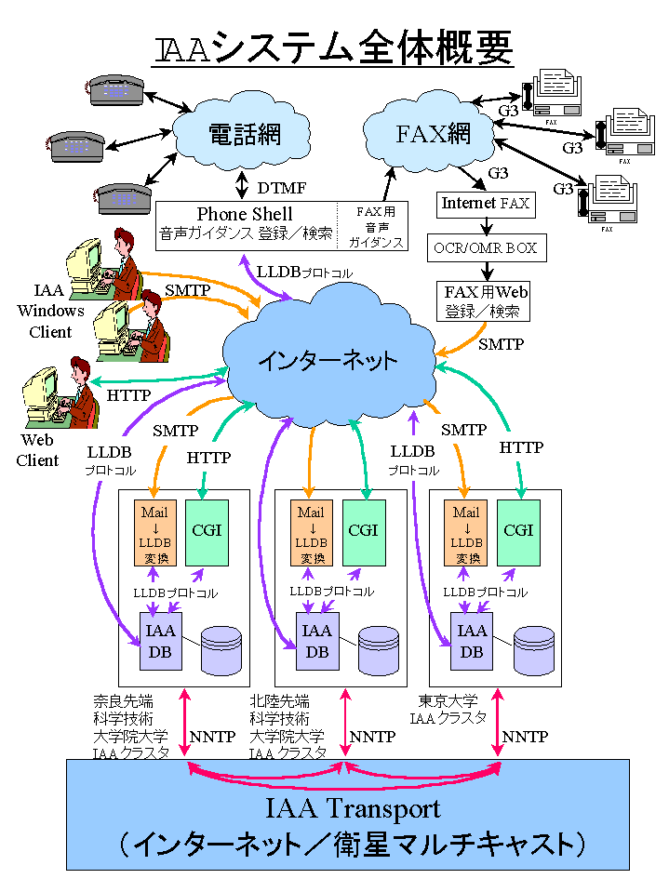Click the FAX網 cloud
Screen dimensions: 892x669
pos(433,132)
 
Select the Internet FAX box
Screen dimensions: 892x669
pos(484,203)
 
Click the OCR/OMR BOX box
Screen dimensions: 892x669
pos(485,248)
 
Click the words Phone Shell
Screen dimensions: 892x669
pos(245,214)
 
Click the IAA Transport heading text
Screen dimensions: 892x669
pos(347,805)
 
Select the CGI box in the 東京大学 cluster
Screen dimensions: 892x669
pos(518,532)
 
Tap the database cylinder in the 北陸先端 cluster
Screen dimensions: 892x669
pos(378,650)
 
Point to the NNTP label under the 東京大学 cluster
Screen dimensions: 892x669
pos(525,737)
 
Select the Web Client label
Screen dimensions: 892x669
pos(37,449)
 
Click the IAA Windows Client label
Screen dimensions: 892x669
pos(50,312)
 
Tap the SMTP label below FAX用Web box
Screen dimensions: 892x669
pos(501,344)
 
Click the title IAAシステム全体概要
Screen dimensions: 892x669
pos(333,47)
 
